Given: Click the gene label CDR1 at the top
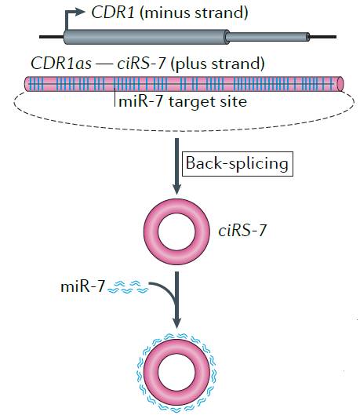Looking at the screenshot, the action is [113, 13].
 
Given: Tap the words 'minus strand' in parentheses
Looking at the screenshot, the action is [195, 13].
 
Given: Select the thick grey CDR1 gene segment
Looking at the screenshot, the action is [146, 37].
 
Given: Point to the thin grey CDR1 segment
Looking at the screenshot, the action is [268, 37].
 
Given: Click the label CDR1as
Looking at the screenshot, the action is [61, 64].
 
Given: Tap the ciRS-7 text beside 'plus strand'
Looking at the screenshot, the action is [141, 64].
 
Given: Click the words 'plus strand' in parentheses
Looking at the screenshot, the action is [217, 64].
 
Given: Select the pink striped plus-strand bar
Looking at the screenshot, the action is [184, 84].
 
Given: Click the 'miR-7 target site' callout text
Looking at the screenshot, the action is [183, 101].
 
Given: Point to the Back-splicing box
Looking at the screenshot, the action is [237, 164].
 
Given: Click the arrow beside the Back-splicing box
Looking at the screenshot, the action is [176, 166].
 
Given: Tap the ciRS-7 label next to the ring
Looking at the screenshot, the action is [242, 231].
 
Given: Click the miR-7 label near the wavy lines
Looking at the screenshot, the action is [82, 286].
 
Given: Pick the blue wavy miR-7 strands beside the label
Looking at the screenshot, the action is [128, 287].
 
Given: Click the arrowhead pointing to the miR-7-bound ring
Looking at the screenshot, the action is [176, 322].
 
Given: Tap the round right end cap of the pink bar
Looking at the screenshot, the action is [340, 84].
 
